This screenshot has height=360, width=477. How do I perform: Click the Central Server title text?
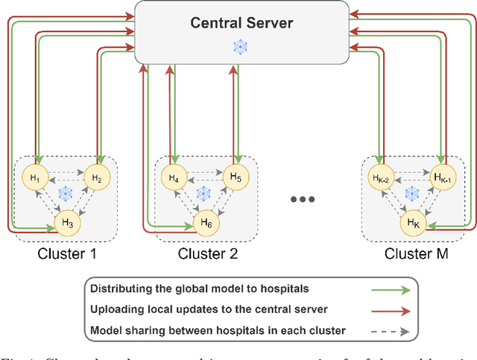tap(241, 22)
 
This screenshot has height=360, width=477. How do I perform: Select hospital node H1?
tap(36, 177)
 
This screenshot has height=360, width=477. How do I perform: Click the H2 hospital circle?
tap(95, 177)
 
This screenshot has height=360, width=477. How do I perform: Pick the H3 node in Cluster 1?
tap(66, 221)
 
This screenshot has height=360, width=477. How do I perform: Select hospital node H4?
tap(173, 177)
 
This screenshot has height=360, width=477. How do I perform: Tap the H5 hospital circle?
tap(235, 177)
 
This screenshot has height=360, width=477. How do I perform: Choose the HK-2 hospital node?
tap(381, 177)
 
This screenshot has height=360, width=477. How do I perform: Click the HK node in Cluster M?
tap(412, 221)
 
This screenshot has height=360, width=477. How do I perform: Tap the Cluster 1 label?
tap(66, 254)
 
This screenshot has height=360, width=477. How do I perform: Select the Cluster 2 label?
tap(207, 254)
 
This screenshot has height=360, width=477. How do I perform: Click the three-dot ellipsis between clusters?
tap(303, 200)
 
